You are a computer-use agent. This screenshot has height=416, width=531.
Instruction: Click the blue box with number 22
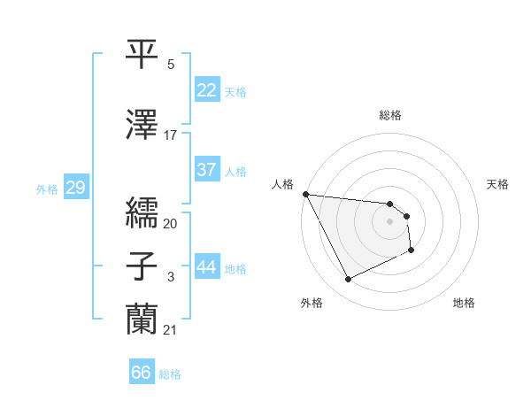(x=206, y=90)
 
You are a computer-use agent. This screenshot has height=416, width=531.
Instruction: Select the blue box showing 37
(x=206, y=170)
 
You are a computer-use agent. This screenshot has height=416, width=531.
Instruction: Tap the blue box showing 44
(x=206, y=267)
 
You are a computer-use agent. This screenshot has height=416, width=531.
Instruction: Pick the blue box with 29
(x=75, y=188)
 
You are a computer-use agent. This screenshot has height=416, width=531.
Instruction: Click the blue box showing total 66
(x=142, y=373)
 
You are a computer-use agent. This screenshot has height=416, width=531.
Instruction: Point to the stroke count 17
(x=171, y=135)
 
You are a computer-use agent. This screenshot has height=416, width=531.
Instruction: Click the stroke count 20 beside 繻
(x=171, y=224)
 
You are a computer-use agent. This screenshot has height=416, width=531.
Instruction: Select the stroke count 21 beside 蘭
(x=171, y=330)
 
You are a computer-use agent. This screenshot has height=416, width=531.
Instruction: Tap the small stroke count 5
(x=171, y=65)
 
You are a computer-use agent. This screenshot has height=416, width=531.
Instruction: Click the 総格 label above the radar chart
(x=389, y=115)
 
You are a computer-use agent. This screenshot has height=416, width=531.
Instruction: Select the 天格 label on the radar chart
(x=498, y=184)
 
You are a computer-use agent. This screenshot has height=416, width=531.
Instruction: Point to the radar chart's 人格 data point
(x=305, y=194)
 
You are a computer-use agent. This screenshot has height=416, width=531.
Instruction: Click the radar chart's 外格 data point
(x=348, y=280)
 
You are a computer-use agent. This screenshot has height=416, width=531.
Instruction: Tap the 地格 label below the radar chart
(x=464, y=303)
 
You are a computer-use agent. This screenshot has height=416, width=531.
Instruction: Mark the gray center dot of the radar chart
(x=389, y=221)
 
